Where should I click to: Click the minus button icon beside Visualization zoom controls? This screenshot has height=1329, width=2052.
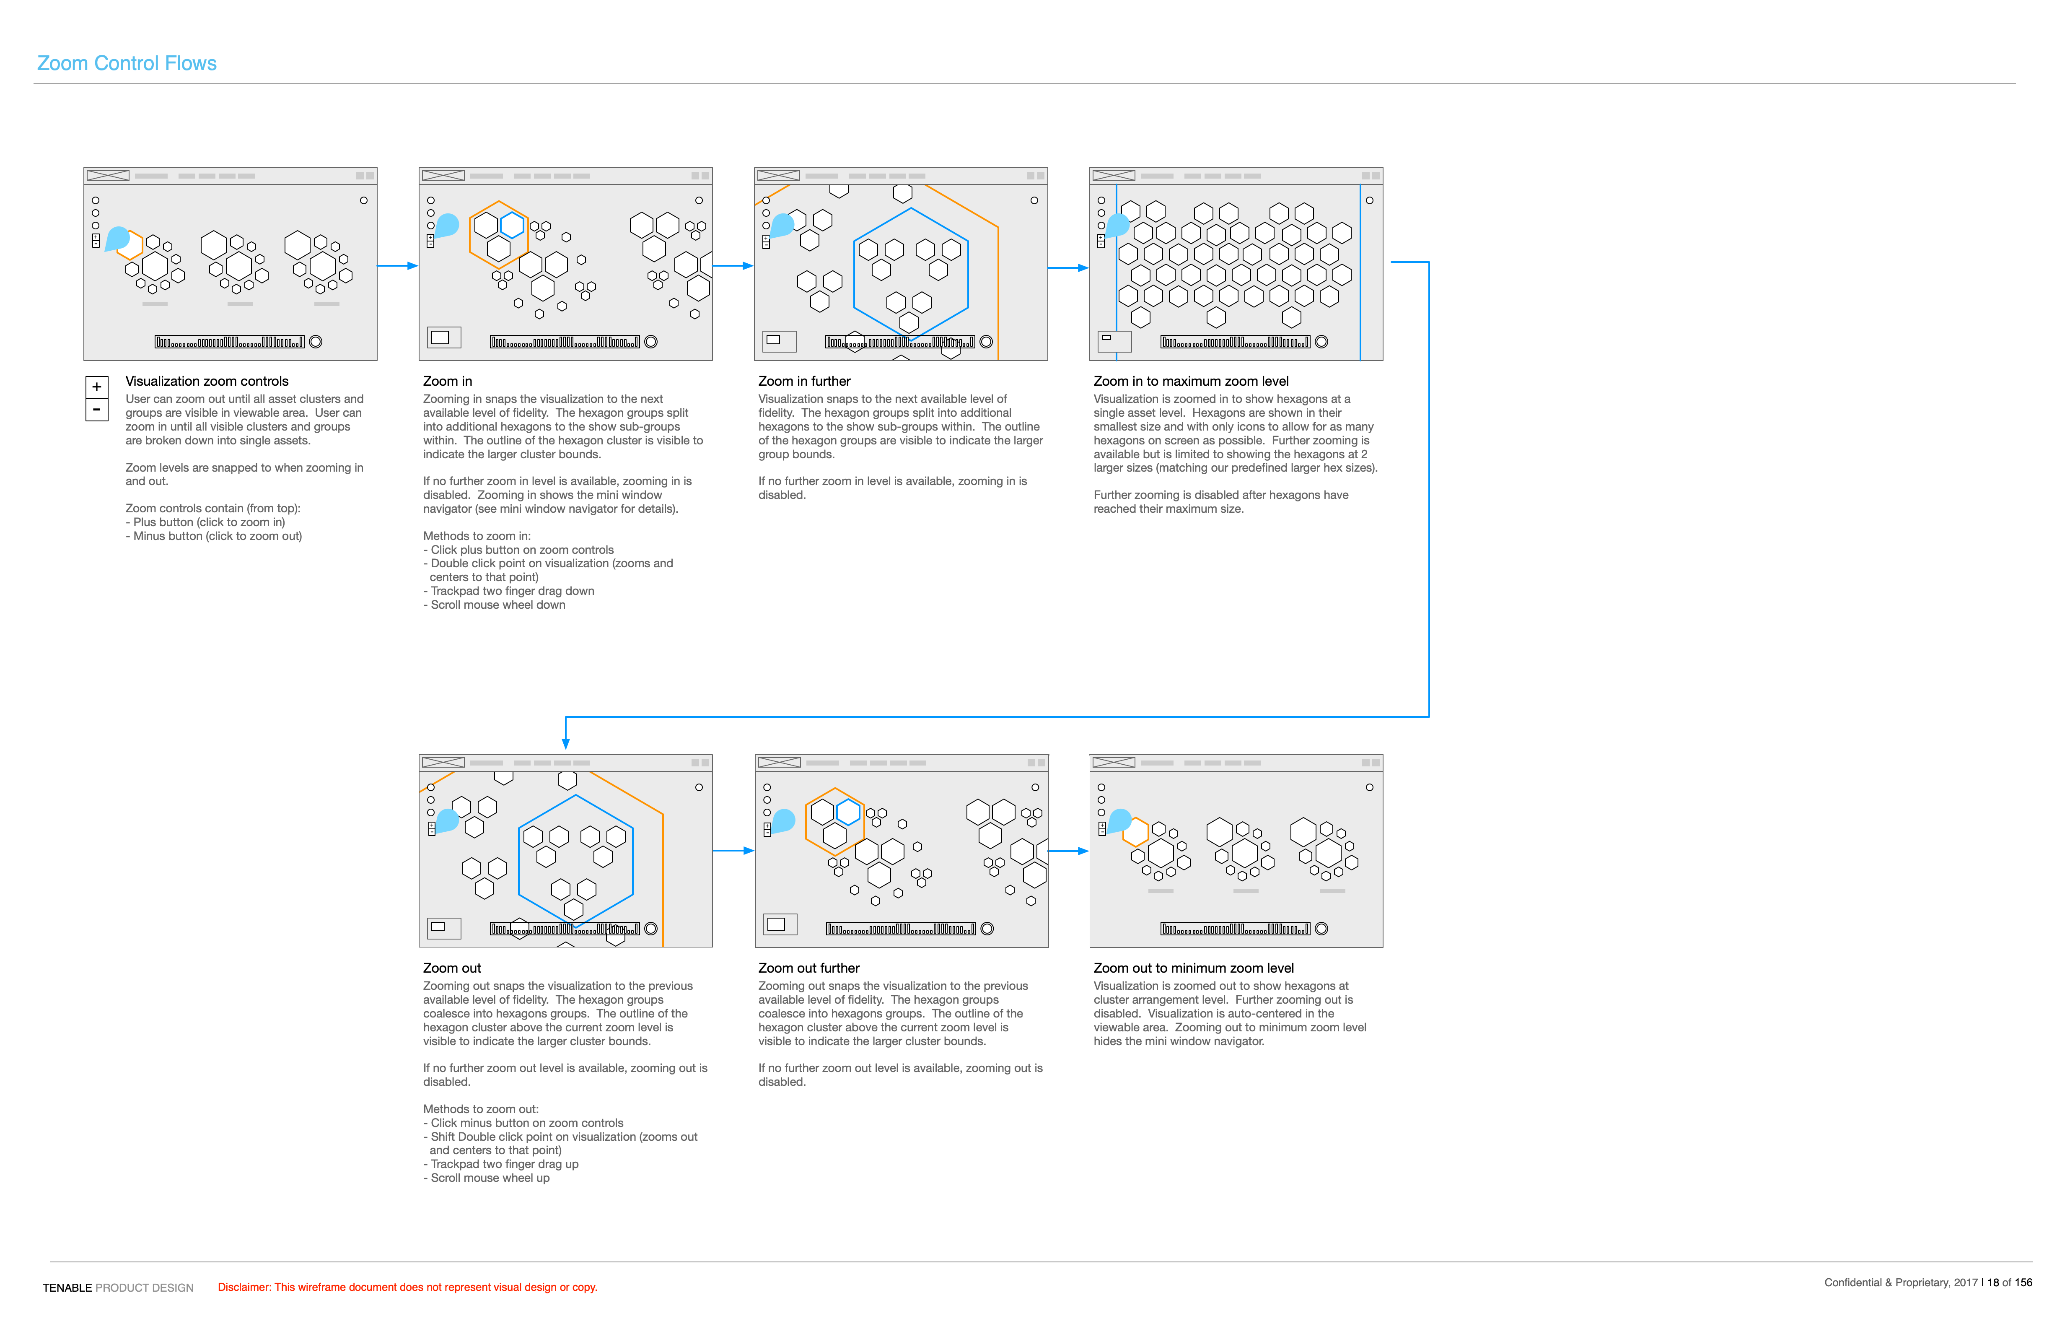click(x=96, y=410)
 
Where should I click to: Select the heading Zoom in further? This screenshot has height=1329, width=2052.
click(x=803, y=381)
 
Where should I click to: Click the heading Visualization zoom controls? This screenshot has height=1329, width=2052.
click(x=207, y=381)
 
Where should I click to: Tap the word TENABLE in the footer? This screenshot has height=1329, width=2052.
click(x=67, y=1287)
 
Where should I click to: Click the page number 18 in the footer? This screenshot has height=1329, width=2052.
click(x=1992, y=1282)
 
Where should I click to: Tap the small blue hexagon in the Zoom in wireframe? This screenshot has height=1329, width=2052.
click(x=512, y=226)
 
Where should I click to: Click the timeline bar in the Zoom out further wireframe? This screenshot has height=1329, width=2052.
click(x=900, y=929)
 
